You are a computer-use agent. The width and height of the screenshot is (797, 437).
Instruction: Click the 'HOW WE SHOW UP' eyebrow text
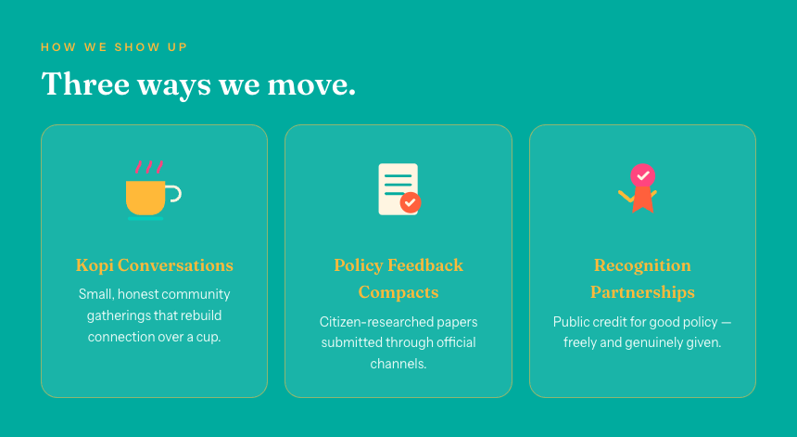pos(114,47)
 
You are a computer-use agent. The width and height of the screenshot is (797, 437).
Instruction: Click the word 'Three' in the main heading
pos(85,84)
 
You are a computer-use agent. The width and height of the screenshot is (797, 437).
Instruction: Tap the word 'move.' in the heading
pos(311,84)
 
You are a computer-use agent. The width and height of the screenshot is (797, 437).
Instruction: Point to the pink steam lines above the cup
pos(149,167)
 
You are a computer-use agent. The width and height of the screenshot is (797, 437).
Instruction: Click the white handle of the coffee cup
pos(174,194)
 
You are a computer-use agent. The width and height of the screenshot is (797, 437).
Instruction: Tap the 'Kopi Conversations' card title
pos(155,265)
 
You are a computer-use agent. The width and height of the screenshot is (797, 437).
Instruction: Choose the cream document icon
pos(398,189)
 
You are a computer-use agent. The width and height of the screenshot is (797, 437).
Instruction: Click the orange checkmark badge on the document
pos(411,202)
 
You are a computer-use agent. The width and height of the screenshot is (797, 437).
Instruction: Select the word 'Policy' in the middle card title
pos(359,265)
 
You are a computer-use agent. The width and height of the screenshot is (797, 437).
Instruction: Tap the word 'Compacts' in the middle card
pos(398,292)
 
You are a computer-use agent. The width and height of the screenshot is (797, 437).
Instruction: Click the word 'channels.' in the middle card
pos(398,365)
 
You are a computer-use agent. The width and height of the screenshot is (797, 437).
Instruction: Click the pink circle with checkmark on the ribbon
pos(643,175)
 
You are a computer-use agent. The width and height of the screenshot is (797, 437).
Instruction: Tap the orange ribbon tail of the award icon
pos(643,199)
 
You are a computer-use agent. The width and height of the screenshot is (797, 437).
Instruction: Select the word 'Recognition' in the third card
pos(642,265)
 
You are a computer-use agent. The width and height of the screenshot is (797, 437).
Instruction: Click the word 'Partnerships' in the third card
pos(642,292)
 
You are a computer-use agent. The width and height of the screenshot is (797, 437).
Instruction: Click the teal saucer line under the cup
pos(145,219)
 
